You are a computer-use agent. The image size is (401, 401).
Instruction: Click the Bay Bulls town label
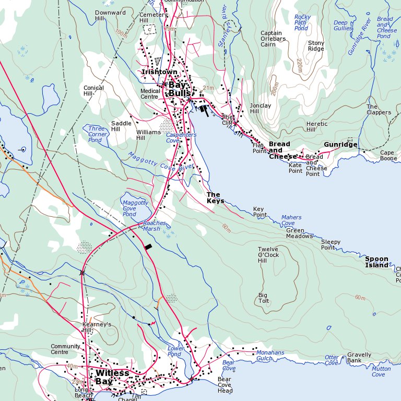pos(177,89)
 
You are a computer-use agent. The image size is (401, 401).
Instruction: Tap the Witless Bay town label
pos(112,377)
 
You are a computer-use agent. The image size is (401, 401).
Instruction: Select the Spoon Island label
pos(376,262)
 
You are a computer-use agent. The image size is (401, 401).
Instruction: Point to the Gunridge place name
pos(340,145)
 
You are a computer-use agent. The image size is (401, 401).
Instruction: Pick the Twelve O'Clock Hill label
pos(268,255)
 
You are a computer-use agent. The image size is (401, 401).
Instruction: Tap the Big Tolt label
pos(264,298)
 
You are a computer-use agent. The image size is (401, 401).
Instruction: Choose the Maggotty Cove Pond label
pos(135,208)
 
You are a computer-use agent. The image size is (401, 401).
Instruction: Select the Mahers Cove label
pos(291,220)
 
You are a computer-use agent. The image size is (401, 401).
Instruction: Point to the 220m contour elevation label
pos(299,65)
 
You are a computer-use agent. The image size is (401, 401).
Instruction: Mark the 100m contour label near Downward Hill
pos(121,34)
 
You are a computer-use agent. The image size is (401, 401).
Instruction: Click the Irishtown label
pos(159,72)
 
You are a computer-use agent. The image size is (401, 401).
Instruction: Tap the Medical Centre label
pos(150,93)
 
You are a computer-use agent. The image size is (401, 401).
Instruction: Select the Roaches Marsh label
pos(155,226)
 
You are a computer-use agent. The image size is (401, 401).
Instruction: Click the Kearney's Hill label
pos(97,327)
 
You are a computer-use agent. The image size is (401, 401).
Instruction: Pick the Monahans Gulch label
pos(270,356)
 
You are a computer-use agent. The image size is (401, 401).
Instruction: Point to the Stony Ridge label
pos(316,46)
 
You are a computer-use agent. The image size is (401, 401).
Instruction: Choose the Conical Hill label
pos(93,91)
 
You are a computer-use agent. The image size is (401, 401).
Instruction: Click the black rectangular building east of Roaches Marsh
pos(149,246)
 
